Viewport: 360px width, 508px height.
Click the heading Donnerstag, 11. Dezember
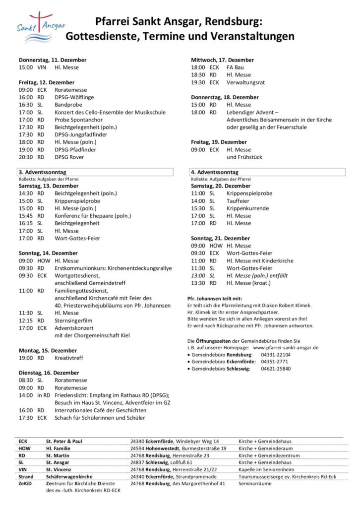[x=53, y=60]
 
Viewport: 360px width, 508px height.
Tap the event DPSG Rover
[x=69, y=157]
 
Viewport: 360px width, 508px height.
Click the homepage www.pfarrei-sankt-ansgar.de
[x=285, y=348]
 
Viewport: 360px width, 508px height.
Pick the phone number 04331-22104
[x=276, y=355]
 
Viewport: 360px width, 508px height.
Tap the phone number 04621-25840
[x=276, y=369]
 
